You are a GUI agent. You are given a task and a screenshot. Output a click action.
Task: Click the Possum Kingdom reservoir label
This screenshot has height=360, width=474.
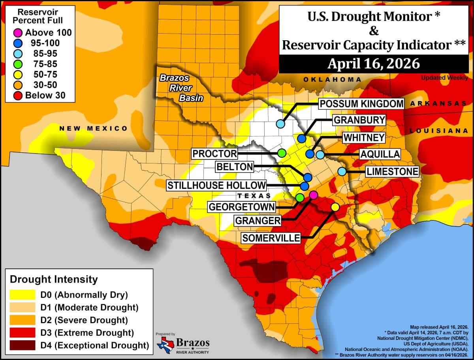[362, 104]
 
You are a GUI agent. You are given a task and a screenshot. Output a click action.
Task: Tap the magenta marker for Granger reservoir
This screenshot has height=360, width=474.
[313, 195]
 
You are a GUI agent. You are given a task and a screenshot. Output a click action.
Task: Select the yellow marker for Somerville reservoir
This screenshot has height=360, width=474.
[335, 207]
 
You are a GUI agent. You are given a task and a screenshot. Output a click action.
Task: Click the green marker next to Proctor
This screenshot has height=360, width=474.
[282, 153]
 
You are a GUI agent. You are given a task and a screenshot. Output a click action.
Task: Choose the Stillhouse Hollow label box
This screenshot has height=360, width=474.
[216, 186]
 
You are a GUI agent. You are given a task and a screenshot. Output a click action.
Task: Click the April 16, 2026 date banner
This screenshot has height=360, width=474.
[373, 64]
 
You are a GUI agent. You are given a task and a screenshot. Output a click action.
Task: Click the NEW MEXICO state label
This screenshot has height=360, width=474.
[93, 129]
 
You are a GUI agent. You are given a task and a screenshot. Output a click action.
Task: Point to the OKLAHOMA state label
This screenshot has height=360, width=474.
[332, 80]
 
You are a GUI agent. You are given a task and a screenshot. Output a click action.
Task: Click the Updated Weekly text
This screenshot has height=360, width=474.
[444, 78]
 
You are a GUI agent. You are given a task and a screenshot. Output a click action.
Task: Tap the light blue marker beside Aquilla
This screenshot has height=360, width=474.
[320, 154]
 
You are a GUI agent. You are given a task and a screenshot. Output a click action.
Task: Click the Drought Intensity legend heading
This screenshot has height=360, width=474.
[53, 279]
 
